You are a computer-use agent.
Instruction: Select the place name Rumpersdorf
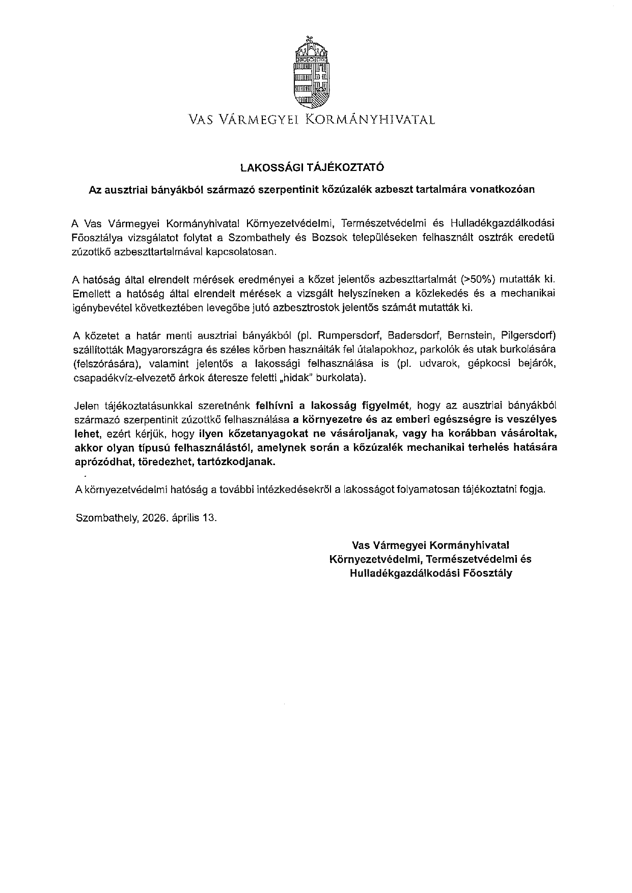[354, 335]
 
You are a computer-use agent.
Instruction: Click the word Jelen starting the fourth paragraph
[87, 406]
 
